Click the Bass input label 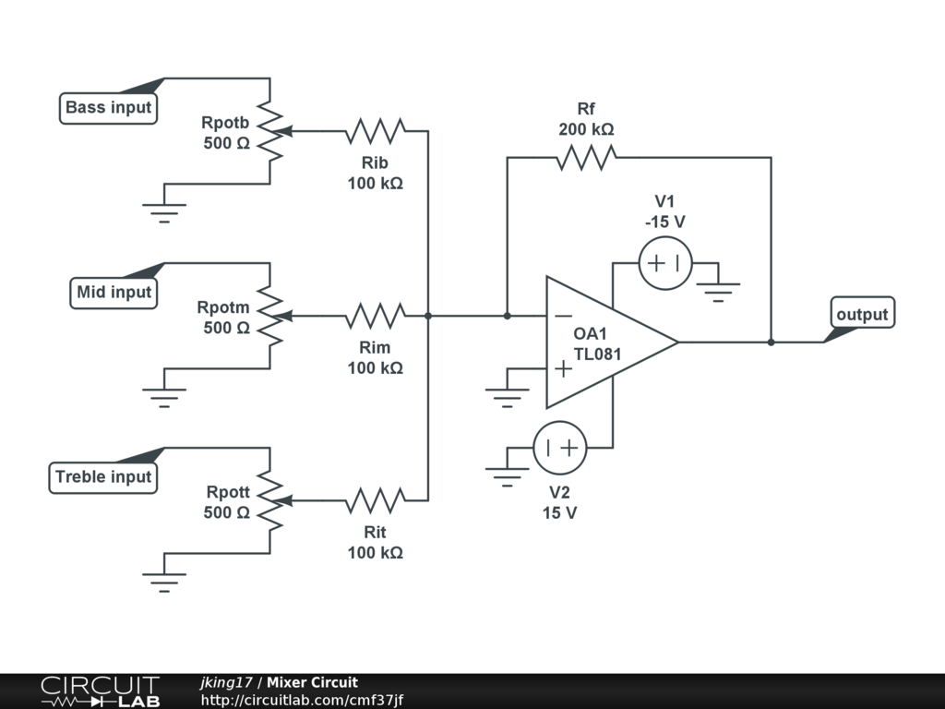click(109, 108)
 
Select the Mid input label click(114, 293)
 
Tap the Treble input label click(103, 477)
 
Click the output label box click(862, 315)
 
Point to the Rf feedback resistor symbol click(586, 158)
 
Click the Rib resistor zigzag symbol click(375, 131)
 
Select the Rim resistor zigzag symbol click(375, 316)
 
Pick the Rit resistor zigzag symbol click(375, 500)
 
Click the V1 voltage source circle click(665, 263)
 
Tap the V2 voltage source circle click(560, 448)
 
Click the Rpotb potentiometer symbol click(270, 131)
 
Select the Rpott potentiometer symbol click(270, 500)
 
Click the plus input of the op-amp click(562, 368)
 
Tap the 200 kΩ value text click(586, 129)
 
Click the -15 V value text click(665, 222)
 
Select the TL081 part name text click(597, 354)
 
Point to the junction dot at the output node click(771, 342)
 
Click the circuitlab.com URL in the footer click(302, 701)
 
